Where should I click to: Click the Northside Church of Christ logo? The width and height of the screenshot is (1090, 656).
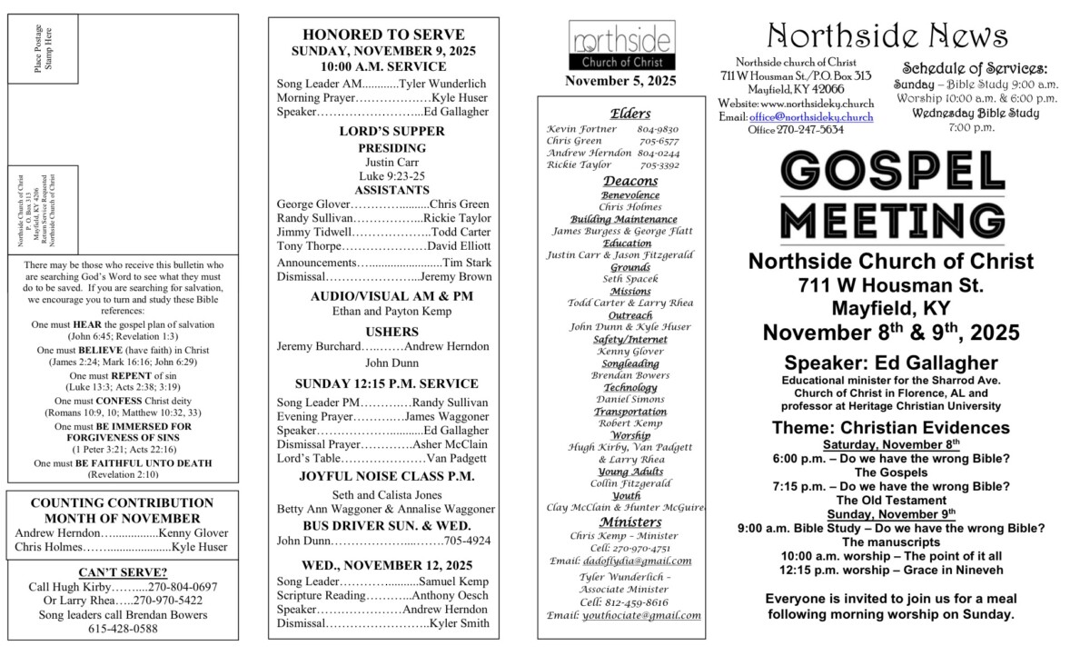[622, 46]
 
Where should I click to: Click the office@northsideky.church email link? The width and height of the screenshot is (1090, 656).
[810, 117]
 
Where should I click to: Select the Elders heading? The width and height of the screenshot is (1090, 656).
[630, 113]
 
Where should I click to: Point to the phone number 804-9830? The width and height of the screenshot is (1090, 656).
[658, 129]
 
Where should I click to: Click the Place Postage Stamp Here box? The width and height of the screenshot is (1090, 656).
[44, 50]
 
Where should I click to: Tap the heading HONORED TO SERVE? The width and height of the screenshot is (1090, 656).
[382, 35]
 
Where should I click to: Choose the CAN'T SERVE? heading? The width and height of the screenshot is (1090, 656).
[123, 572]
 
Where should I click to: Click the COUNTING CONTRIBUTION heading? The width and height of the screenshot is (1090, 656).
[122, 502]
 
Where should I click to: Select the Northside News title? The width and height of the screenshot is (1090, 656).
[887, 36]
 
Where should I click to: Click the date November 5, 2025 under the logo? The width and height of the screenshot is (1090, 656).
[620, 81]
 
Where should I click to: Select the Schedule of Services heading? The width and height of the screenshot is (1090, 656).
[975, 68]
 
